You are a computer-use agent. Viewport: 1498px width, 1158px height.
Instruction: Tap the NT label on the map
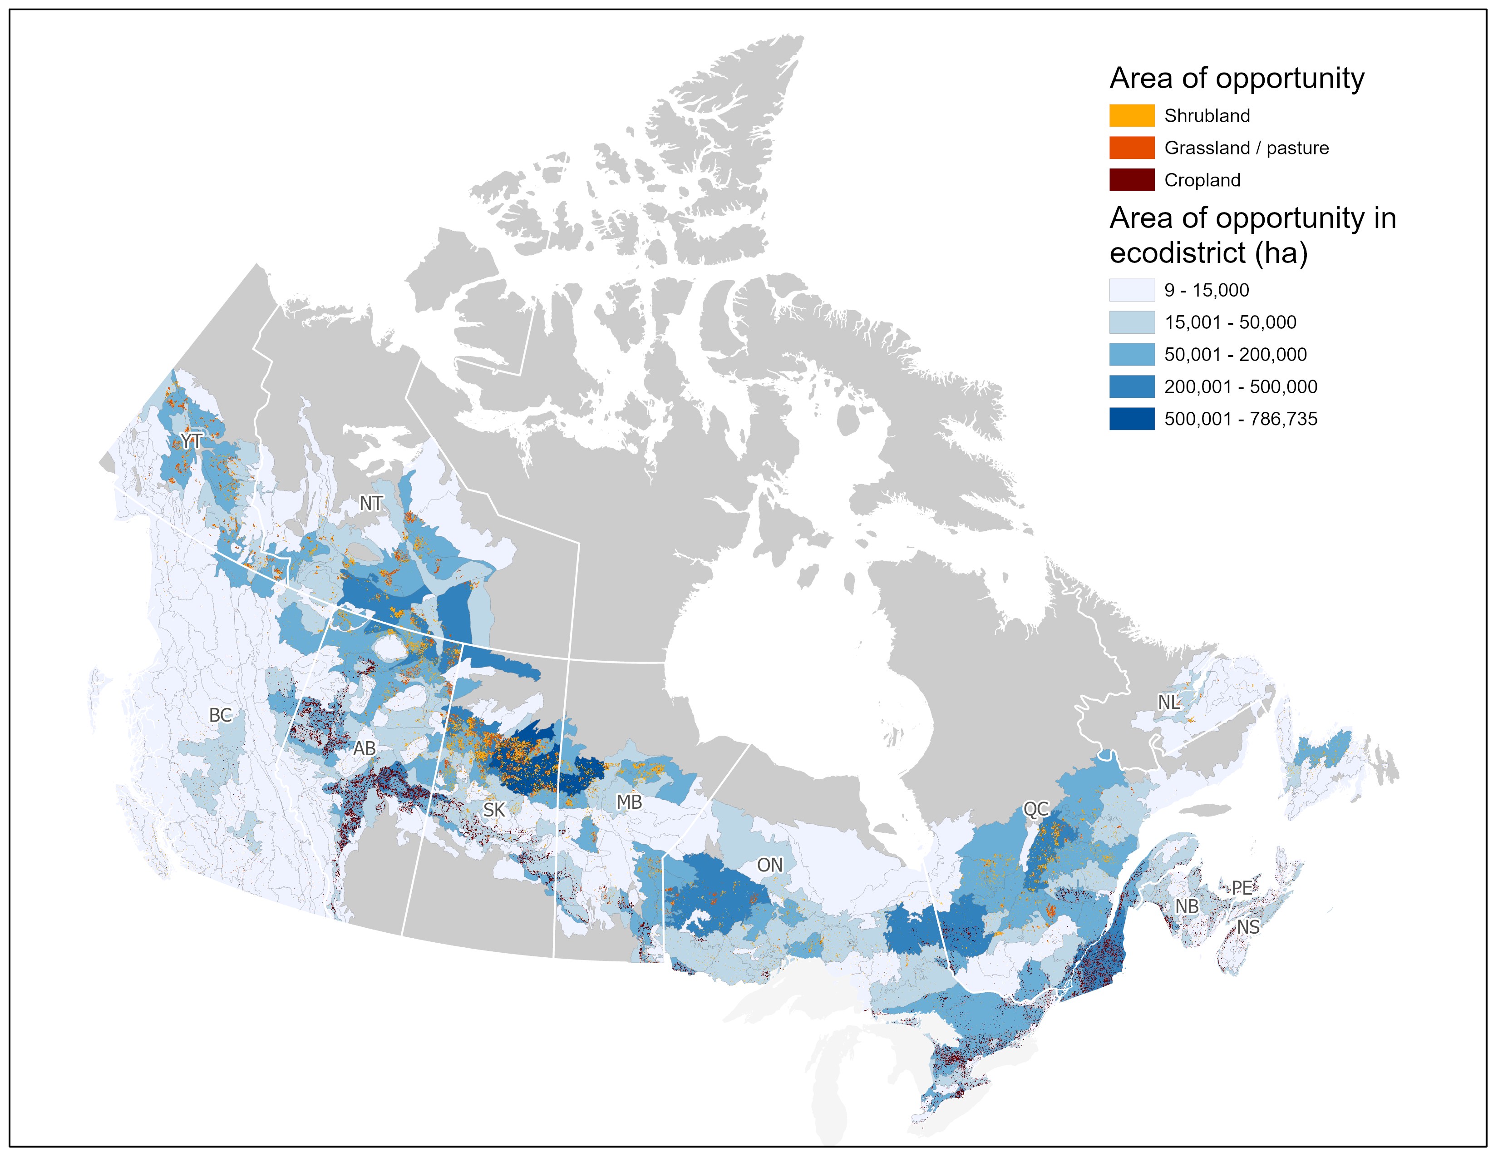[x=370, y=504]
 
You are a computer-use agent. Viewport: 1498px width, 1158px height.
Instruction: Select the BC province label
[x=220, y=715]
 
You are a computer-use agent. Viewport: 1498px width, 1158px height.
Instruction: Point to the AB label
[x=364, y=748]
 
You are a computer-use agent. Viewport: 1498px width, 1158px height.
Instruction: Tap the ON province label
[x=769, y=865]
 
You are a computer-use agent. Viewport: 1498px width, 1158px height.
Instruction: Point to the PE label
[x=1242, y=888]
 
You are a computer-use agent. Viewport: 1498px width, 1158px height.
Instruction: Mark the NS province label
[x=1247, y=927]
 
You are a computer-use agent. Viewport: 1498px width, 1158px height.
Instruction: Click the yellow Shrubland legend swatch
[x=1132, y=116]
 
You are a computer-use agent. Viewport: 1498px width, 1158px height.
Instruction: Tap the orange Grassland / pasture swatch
[x=1132, y=148]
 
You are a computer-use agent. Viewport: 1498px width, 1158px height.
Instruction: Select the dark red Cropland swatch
[x=1132, y=180]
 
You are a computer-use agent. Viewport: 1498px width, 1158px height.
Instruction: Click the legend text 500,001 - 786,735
[x=1240, y=419]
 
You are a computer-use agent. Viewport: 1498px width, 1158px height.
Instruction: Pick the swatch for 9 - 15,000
[x=1132, y=290]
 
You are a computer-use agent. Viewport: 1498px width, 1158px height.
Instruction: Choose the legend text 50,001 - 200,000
[x=1235, y=355]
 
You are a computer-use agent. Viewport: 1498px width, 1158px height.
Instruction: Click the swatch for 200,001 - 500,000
[x=1132, y=387]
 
